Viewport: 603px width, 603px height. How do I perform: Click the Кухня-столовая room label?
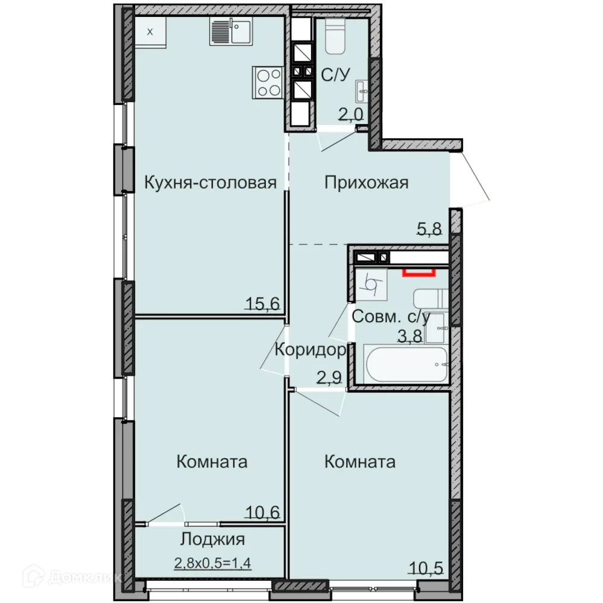210,183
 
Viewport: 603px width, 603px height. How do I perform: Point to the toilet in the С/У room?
334,36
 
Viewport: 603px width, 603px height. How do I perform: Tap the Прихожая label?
366,182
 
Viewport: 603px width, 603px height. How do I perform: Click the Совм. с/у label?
391,317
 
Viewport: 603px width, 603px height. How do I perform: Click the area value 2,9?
329,378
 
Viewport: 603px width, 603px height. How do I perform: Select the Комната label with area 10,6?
212,462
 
